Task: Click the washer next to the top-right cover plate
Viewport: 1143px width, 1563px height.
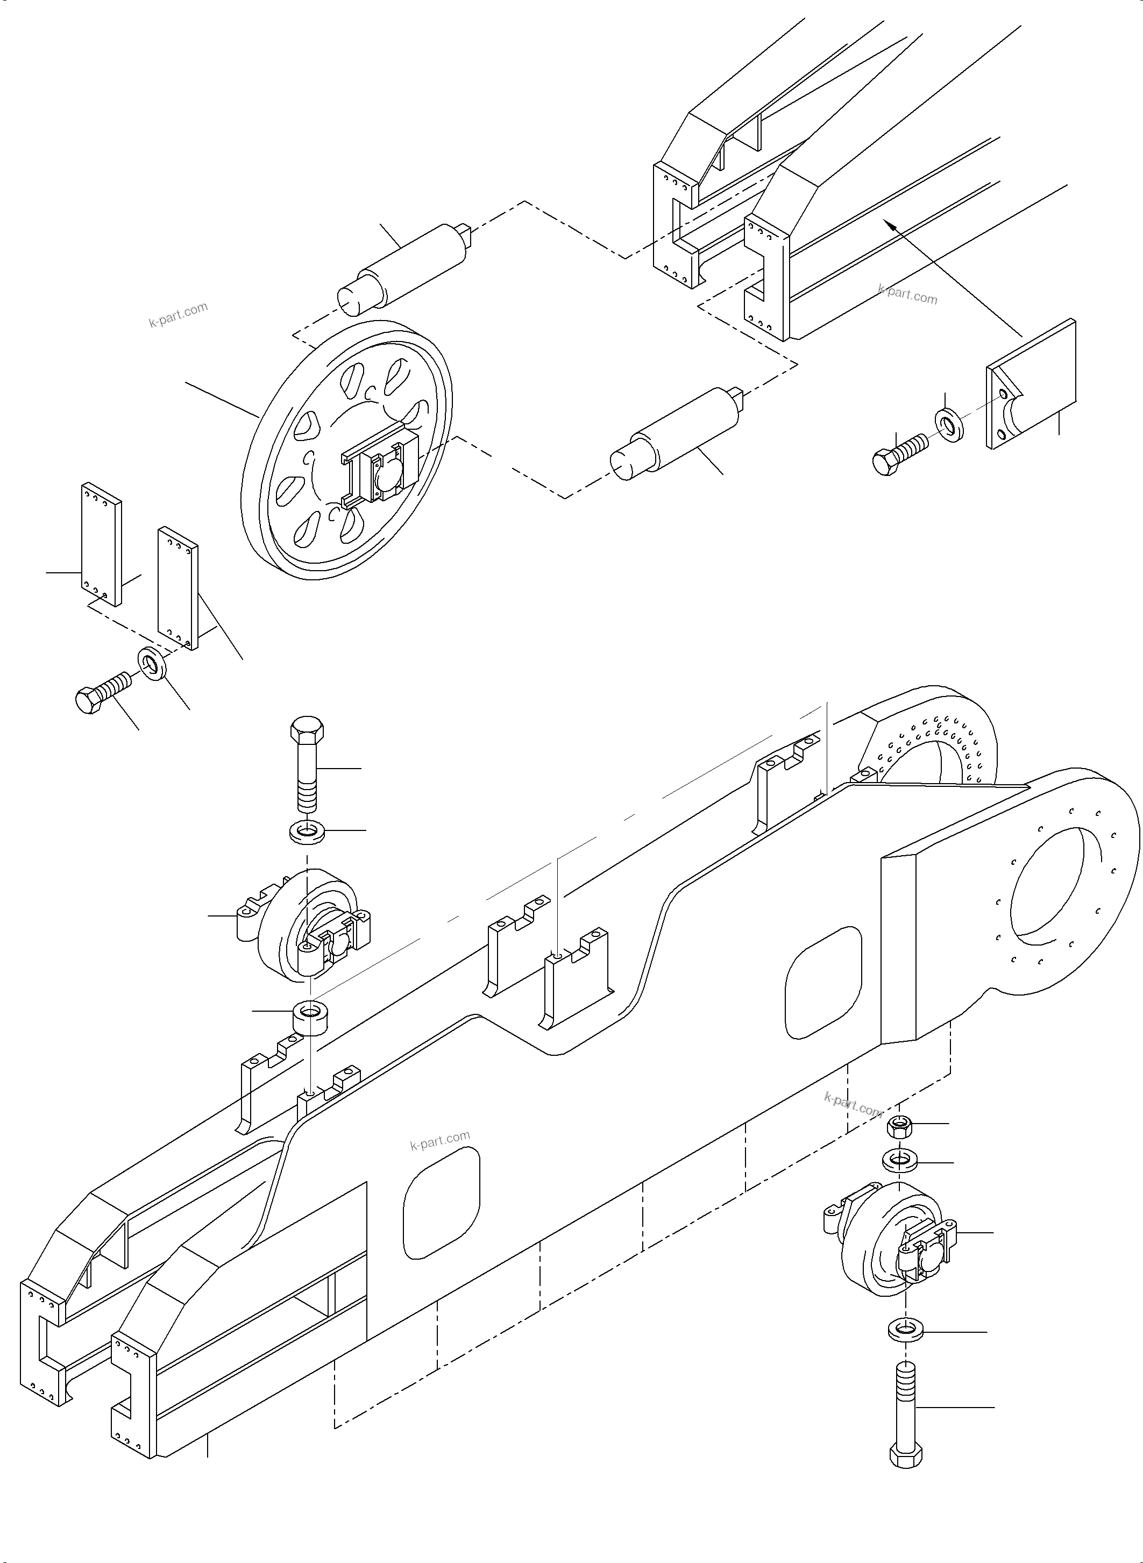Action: (950, 425)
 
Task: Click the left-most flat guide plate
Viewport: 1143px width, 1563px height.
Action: (101, 544)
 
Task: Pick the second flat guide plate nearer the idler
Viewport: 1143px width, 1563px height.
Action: (177, 588)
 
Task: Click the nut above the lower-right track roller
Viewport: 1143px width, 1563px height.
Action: (898, 1127)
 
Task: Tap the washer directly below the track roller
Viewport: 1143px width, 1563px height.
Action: (904, 1330)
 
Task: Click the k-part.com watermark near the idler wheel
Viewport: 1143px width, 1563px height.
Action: (179, 315)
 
